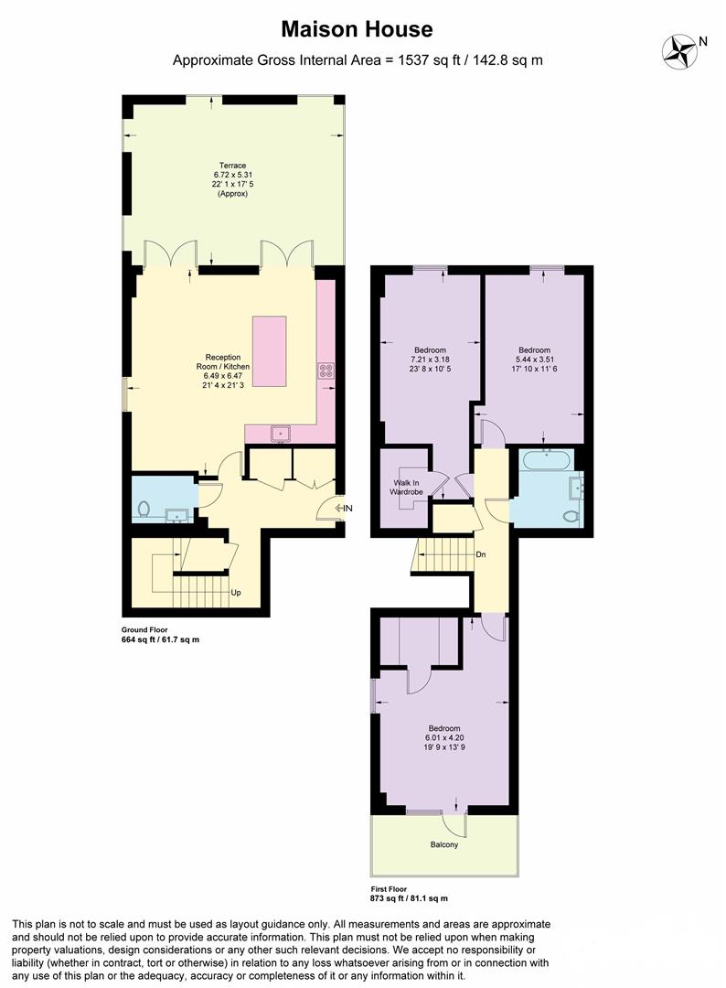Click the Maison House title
coord(357,29)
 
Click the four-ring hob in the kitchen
coord(326,370)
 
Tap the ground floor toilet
coord(144,509)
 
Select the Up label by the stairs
coord(236,593)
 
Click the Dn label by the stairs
coord(480,555)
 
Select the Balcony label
coord(443,844)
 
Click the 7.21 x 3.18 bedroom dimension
coord(430,360)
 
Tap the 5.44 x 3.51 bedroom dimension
coord(534,360)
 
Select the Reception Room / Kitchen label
coord(223,366)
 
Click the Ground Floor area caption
coord(160,635)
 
